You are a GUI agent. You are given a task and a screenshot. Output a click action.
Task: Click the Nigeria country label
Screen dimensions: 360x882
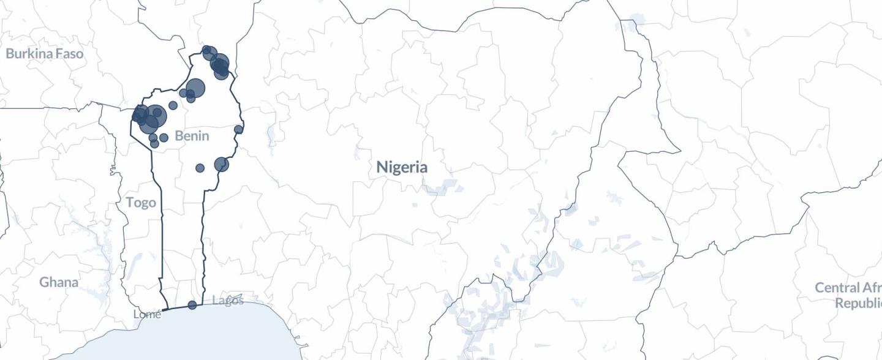click(x=402, y=167)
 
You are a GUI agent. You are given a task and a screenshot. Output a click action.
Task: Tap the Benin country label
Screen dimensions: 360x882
click(x=192, y=136)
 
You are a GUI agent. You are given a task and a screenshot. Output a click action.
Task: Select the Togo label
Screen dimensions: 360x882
click(x=141, y=203)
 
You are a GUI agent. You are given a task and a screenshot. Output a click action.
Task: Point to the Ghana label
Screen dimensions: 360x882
click(x=59, y=282)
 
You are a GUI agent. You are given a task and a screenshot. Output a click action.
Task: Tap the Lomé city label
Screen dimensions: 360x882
click(x=148, y=315)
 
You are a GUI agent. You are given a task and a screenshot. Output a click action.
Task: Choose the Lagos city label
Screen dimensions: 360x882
click(x=228, y=301)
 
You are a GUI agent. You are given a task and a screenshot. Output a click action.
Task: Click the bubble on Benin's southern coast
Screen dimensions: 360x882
click(x=192, y=305)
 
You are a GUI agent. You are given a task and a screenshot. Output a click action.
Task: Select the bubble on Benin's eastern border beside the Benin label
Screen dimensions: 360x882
click(x=238, y=130)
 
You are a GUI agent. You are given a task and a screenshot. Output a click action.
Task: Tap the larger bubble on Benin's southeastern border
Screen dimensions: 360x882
click(x=221, y=164)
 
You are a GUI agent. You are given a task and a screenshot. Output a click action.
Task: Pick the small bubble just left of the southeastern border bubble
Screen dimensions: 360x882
click(x=200, y=168)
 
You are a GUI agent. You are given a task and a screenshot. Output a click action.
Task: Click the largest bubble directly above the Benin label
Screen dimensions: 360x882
click(x=195, y=88)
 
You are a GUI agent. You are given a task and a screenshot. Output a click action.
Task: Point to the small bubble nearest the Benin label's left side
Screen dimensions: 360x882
click(x=164, y=138)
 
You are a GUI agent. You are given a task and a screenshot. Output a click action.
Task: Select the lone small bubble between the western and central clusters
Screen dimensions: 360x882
click(x=173, y=105)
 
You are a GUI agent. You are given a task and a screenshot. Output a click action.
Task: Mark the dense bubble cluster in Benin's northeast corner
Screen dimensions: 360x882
click(x=219, y=65)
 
